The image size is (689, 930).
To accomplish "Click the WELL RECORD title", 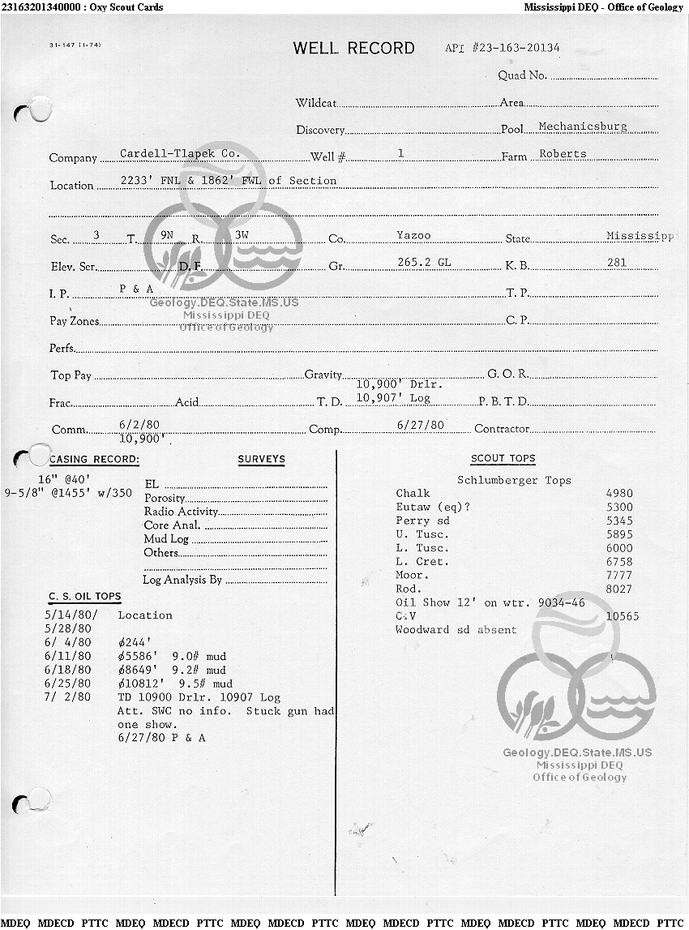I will click(x=353, y=49).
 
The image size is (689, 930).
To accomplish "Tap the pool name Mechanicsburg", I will click(x=582, y=127).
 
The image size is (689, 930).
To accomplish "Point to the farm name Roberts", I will click(x=562, y=154).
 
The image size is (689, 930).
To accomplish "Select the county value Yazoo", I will click(x=413, y=236).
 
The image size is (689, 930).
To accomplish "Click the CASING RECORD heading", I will click(x=95, y=460).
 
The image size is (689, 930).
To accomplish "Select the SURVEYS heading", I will click(x=261, y=460).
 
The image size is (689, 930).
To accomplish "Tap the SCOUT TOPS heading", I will click(x=503, y=459).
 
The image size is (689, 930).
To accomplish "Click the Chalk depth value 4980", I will click(x=619, y=494).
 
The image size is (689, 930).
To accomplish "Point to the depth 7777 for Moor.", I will click(x=619, y=576).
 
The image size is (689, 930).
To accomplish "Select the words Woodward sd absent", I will click(x=456, y=630).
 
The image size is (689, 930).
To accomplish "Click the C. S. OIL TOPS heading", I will click(x=85, y=597).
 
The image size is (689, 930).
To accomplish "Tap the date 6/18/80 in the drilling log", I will click(x=68, y=670).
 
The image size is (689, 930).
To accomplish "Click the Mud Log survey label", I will click(x=166, y=539).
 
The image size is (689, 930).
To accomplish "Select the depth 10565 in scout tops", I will click(x=622, y=616).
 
